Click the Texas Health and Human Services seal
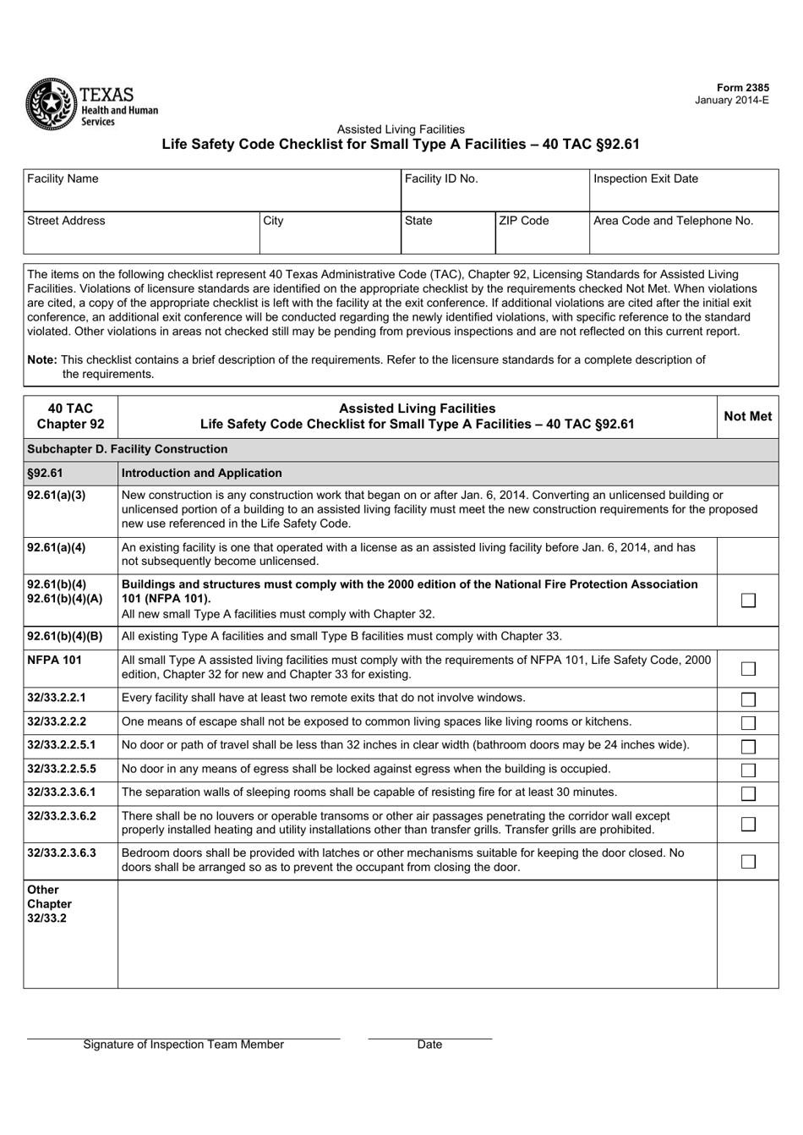(50, 103)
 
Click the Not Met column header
(747, 416)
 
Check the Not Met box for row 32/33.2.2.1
(748, 699)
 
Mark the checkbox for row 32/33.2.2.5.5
(748, 770)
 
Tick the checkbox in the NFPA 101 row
(748, 669)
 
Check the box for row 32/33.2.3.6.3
(748, 862)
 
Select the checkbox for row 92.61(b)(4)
(748, 600)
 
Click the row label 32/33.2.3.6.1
(62, 792)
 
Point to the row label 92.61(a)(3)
(57, 496)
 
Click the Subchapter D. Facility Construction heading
(128, 449)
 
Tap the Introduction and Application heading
(202, 473)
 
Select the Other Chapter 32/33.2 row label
(50, 903)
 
